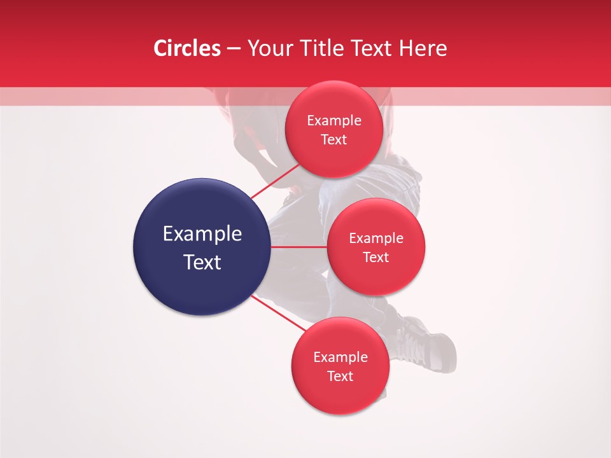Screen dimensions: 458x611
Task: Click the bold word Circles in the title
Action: [186, 48]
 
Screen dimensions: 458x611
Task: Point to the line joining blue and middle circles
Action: [299, 246]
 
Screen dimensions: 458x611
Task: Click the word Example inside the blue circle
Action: [202, 234]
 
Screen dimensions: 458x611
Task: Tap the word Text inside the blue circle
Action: [202, 262]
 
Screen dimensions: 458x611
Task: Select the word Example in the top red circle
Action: [334, 121]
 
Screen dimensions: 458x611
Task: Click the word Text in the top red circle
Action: [334, 139]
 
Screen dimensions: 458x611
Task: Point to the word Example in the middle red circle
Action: [376, 239]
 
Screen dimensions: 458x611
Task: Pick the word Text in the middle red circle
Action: [376, 257]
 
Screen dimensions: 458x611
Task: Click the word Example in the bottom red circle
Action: [341, 357]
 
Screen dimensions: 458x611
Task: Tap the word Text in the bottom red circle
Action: [341, 376]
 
